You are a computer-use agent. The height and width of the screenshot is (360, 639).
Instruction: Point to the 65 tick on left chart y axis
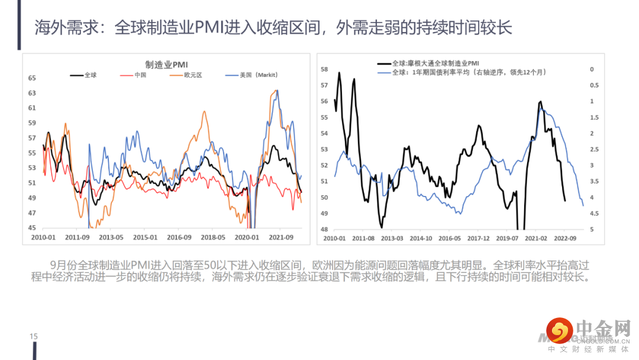tap(32, 78)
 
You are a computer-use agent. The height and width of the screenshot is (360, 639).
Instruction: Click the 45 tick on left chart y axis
tap(32, 228)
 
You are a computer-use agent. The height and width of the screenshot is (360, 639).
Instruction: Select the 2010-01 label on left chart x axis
tap(44, 237)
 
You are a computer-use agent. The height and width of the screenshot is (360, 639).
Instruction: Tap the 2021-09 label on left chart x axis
tap(281, 237)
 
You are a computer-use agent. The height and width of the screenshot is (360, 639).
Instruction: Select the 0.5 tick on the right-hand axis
tap(593, 85)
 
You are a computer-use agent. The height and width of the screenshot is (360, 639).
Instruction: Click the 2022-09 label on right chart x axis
tap(565, 238)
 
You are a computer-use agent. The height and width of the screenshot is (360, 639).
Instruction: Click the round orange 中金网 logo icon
tap(558, 330)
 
